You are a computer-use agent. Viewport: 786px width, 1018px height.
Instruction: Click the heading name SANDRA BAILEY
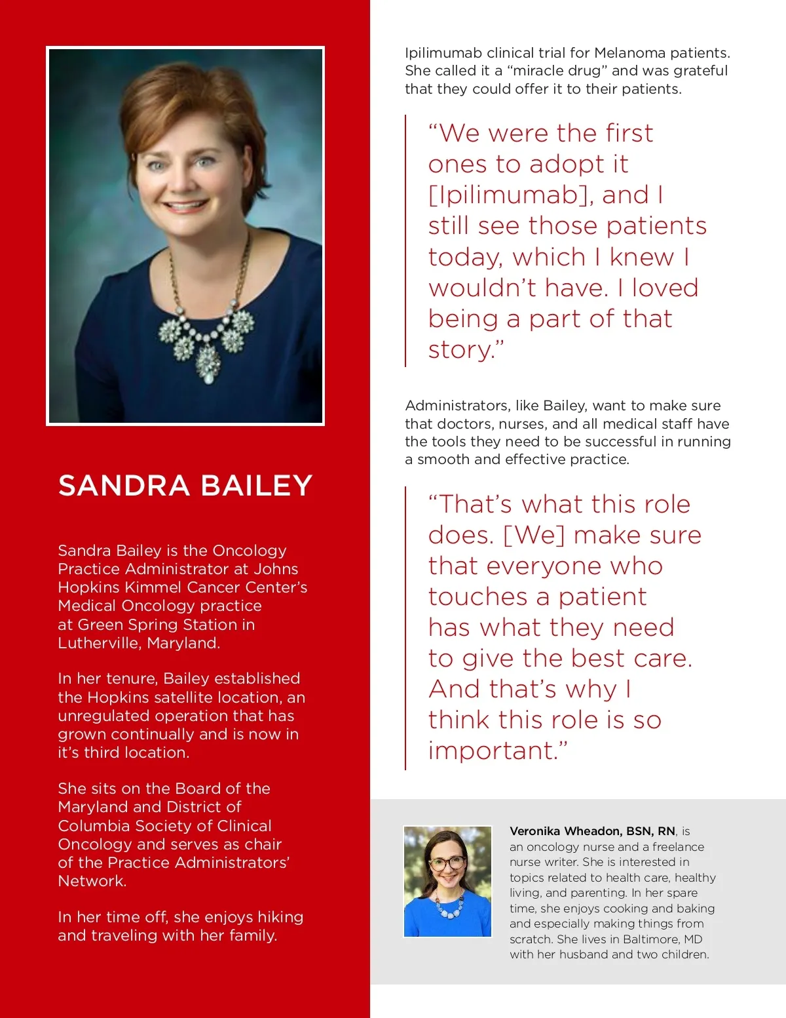[185, 486]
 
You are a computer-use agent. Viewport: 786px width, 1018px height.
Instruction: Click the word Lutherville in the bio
[98, 643]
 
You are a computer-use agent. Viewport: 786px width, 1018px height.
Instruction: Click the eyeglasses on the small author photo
[447, 863]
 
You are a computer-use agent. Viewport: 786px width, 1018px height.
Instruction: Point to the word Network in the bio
[90, 881]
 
